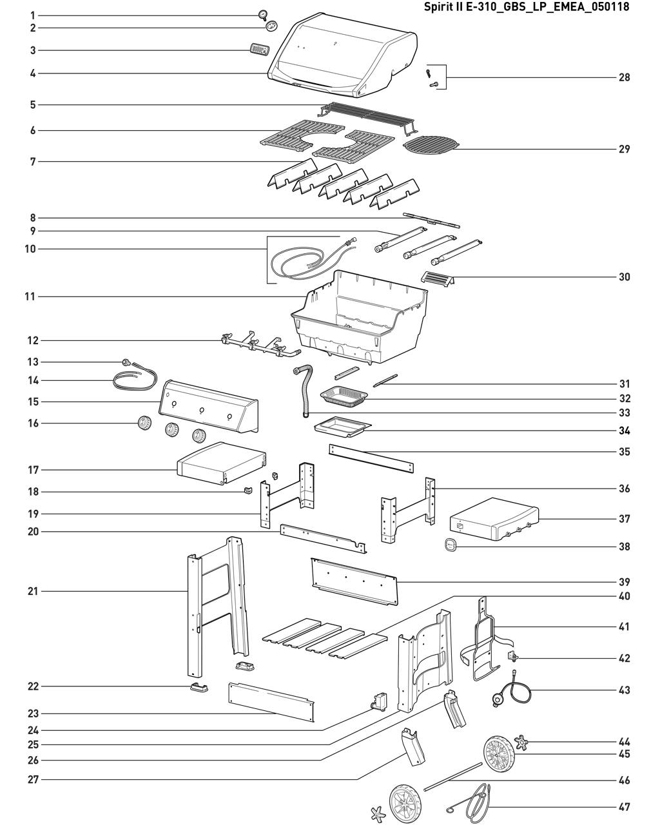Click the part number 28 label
624,77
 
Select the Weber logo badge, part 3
259,50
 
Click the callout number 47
624,807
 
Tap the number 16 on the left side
33,423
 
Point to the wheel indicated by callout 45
498,754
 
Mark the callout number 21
33,591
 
